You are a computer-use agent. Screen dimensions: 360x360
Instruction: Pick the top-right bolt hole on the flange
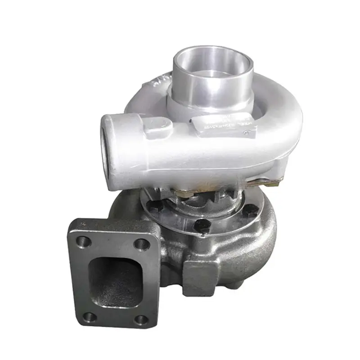142,244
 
